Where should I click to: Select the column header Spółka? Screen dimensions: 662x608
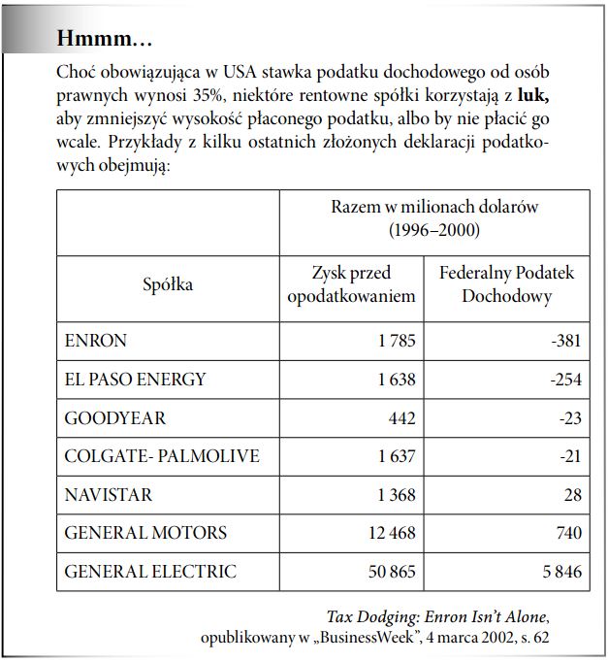click(168, 284)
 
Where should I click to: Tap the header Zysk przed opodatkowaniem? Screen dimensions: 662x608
click(351, 284)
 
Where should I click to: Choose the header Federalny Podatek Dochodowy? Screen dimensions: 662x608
click(506, 284)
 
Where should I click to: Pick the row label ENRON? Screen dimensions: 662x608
click(95, 342)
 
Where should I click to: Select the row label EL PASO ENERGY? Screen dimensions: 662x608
click(135, 380)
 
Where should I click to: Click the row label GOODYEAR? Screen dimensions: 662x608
click(114, 417)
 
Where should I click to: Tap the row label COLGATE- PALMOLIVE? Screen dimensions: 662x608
click(161, 456)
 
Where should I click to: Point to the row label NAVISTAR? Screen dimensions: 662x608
click(108, 494)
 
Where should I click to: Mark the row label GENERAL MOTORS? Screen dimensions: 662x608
click(145, 533)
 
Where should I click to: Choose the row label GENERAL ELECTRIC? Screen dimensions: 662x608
click(149, 571)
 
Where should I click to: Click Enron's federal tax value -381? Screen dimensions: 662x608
click(565, 342)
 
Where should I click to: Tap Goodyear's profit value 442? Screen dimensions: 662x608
click(400, 417)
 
